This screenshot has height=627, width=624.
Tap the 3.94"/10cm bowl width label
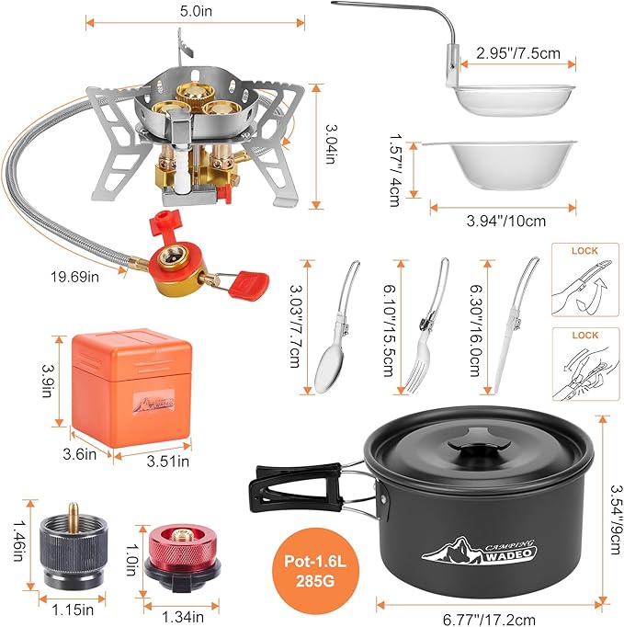[500, 221]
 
